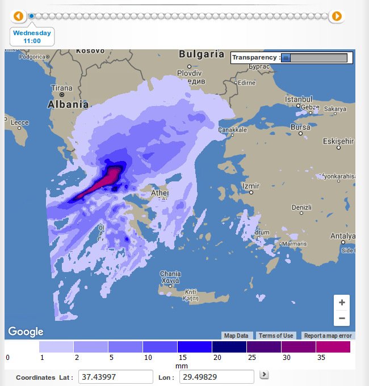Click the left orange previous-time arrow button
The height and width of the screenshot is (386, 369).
pos(18,16)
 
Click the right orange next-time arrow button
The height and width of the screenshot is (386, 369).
pos(337,16)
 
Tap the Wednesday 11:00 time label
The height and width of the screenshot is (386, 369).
pos(32,37)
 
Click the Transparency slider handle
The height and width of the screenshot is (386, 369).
pos(286,58)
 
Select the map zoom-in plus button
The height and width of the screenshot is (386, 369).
pos(342,303)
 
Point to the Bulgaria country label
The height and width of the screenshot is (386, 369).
pos(202,54)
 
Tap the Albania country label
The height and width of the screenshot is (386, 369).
pos(68,104)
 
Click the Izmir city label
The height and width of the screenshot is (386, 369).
pos(250,186)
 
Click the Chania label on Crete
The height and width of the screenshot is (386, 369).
pos(170,273)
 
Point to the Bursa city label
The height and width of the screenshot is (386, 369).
pos(300,127)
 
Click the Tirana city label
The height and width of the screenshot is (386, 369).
pos(62,88)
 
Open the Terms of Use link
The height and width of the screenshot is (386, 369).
pos(276,336)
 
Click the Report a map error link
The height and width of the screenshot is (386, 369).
pos(328,336)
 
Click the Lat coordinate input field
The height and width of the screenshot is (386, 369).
pos(116,377)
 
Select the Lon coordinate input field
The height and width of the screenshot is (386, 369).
pos(216,377)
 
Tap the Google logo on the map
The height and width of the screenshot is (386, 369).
pos(26,332)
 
